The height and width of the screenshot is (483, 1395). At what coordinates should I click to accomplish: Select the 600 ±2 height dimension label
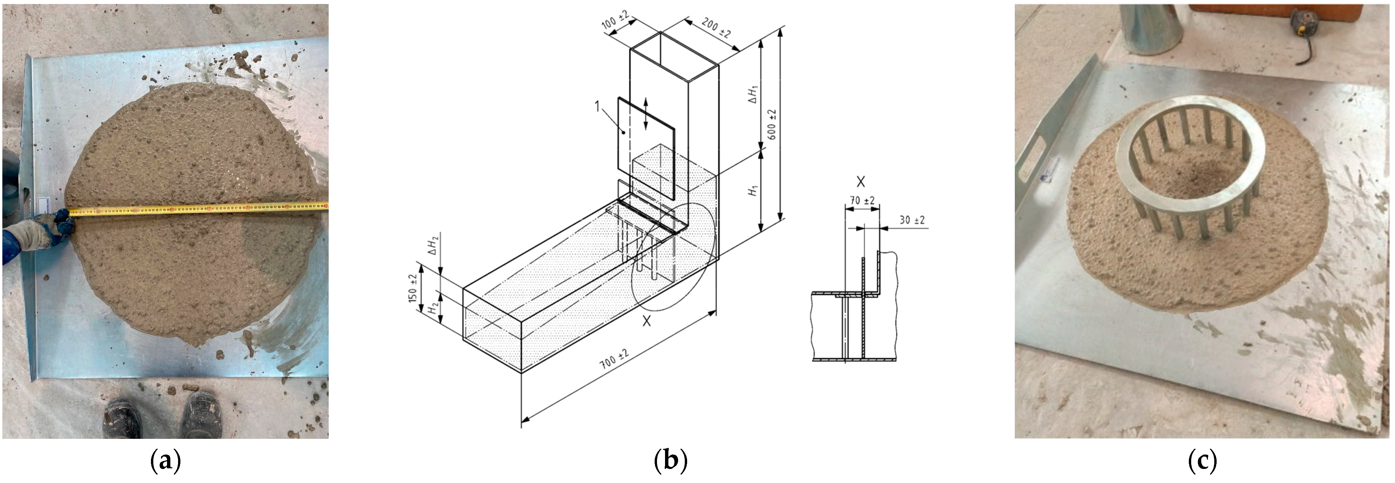(x=772, y=124)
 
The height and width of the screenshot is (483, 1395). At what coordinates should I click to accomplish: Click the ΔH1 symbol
(x=753, y=94)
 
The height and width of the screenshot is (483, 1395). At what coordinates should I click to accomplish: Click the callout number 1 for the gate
(x=597, y=106)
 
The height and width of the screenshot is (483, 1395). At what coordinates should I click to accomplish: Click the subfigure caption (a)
(x=165, y=461)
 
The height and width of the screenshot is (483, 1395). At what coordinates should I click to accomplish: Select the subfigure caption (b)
(x=670, y=461)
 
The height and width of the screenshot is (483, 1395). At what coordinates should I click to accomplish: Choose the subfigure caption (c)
(x=1202, y=461)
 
